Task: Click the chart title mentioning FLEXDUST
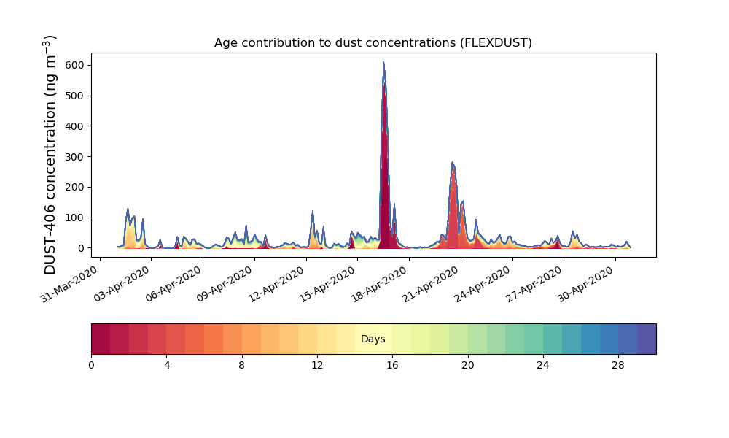(373, 43)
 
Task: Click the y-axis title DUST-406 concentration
(50, 155)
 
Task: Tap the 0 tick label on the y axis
(82, 248)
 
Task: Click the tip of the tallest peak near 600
(383, 63)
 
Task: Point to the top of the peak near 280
(452, 163)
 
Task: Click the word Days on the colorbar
(373, 339)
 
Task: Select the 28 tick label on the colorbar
(618, 365)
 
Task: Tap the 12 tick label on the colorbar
(317, 365)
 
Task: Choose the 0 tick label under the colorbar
(91, 365)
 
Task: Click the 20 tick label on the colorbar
(468, 365)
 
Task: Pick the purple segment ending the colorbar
(647, 339)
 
